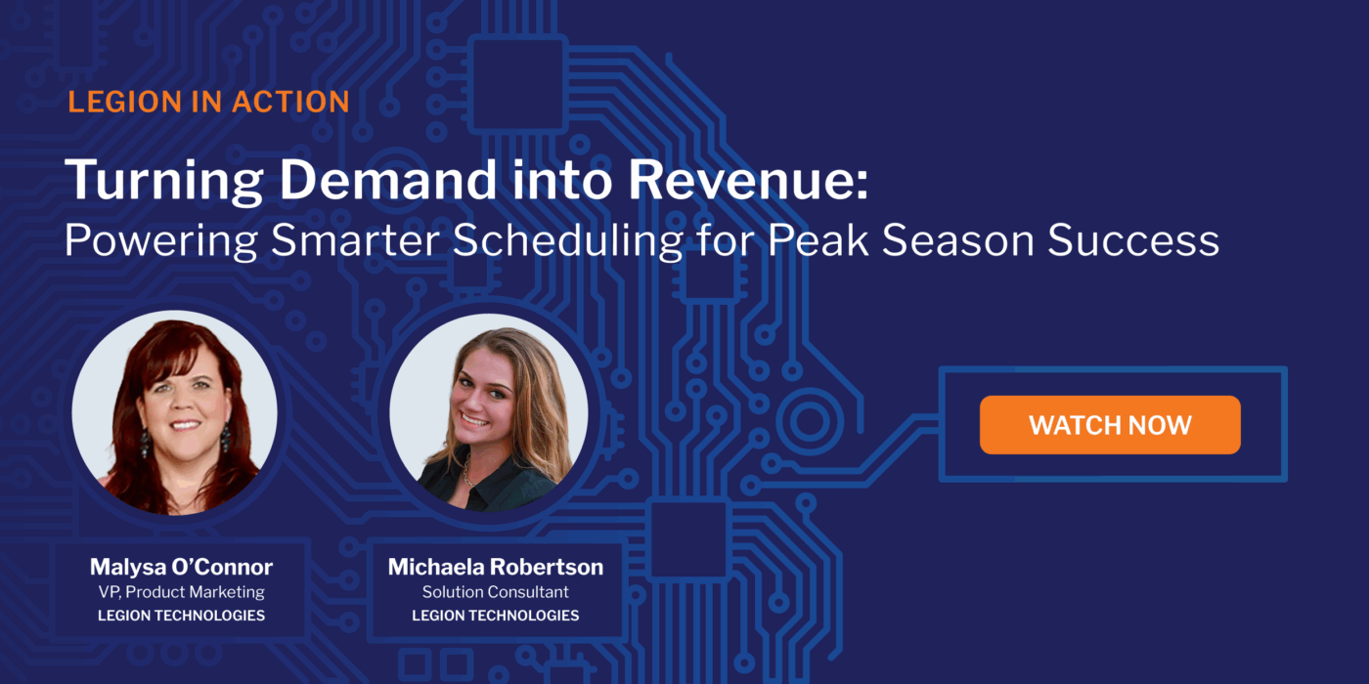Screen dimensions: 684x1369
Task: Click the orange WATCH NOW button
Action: point(1110,425)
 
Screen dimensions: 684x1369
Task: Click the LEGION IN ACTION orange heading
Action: point(208,102)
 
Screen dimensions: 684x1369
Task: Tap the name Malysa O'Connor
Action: point(181,567)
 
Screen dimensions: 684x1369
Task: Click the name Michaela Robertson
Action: point(496,567)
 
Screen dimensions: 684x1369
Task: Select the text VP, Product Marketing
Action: point(181,592)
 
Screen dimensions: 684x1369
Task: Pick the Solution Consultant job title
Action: point(496,592)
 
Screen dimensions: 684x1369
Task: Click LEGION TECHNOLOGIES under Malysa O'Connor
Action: point(181,616)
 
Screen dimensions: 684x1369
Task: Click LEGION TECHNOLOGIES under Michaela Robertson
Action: point(496,616)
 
